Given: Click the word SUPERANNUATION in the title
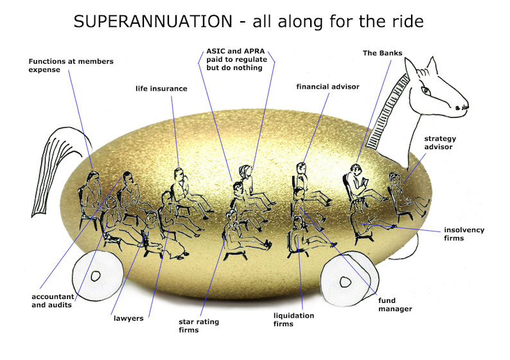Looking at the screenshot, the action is pyautogui.click(x=153, y=21).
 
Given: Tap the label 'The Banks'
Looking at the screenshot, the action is pyautogui.click(x=383, y=53).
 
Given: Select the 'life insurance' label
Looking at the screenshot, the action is pyautogui.click(x=161, y=89).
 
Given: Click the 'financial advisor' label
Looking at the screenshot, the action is pyautogui.click(x=328, y=87).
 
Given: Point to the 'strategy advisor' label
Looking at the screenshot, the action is pyautogui.click(x=440, y=143).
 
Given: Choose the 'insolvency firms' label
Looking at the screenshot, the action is pyautogui.click(x=464, y=234).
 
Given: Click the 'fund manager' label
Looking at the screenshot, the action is pyautogui.click(x=395, y=305).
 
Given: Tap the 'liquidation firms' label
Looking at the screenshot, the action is pyautogui.click(x=294, y=319).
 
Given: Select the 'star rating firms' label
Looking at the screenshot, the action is pyautogui.click(x=198, y=326).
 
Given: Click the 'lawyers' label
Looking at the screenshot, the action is pyautogui.click(x=128, y=318).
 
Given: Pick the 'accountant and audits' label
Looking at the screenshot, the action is pyautogui.click(x=53, y=301).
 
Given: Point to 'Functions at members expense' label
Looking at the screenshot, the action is pyautogui.click(x=71, y=66).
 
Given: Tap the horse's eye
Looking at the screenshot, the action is pyautogui.click(x=425, y=90).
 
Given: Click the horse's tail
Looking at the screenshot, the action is pyautogui.click(x=55, y=169).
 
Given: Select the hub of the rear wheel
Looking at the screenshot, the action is pyautogui.click(x=96, y=276).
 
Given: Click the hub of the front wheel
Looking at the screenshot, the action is pyautogui.click(x=345, y=282).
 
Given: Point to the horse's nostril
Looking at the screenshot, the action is pyautogui.click(x=458, y=107).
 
